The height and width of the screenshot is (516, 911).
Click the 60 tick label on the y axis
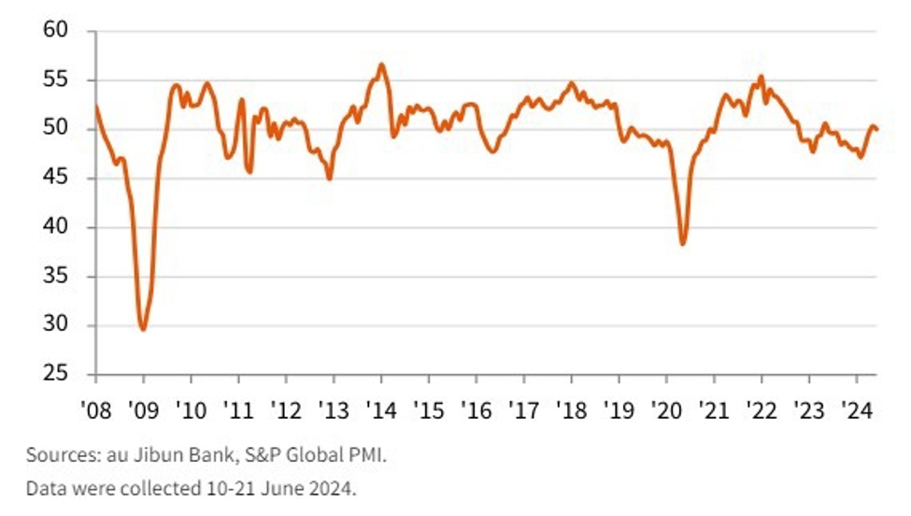[x=58, y=31]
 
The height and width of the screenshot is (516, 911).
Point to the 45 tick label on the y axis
[x=58, y=179]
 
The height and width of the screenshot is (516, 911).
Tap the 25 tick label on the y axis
[x=58, y=375]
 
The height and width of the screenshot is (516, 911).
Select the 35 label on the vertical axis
[x=58, y=277]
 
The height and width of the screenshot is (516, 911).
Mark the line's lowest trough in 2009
[x=143, y=329]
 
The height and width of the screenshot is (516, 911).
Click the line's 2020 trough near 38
[x=683, y=244]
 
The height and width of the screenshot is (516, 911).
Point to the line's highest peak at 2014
[x=381, y=64]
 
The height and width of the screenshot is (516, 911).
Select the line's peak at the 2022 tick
[x=762, y=77]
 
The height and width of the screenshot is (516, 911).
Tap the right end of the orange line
[x=877, y=129]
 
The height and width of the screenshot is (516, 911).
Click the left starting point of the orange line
[x=95, y=106]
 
